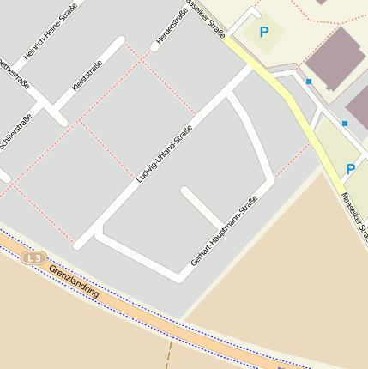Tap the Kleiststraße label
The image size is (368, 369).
point(87,76)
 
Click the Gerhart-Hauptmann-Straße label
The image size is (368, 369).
point(224,231)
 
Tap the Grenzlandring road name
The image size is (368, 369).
point(74,281)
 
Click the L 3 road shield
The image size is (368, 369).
point(33,257)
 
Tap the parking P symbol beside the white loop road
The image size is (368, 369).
point(264,32)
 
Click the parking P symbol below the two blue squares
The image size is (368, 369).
point(350,169)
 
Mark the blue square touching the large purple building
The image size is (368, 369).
point(309,82)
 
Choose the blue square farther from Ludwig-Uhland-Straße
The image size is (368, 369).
point(345,124)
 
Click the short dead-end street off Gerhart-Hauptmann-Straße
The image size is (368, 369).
point(202,208)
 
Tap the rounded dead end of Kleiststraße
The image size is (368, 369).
point(120,40)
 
